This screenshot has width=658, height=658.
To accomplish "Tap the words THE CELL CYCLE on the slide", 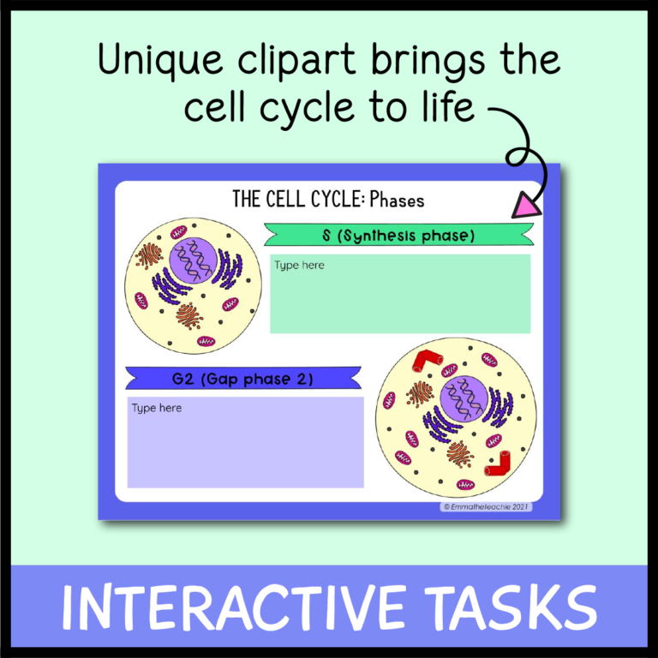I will coord(297,200).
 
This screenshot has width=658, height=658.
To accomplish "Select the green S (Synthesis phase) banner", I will coord(398,235).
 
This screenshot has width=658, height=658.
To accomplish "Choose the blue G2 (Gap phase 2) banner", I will coord(243,379).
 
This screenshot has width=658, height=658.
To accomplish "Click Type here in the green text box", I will coord(299,266).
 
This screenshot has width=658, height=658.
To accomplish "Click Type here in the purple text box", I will coord(156,408).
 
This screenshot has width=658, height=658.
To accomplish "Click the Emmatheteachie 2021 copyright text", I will coord(487,506).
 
